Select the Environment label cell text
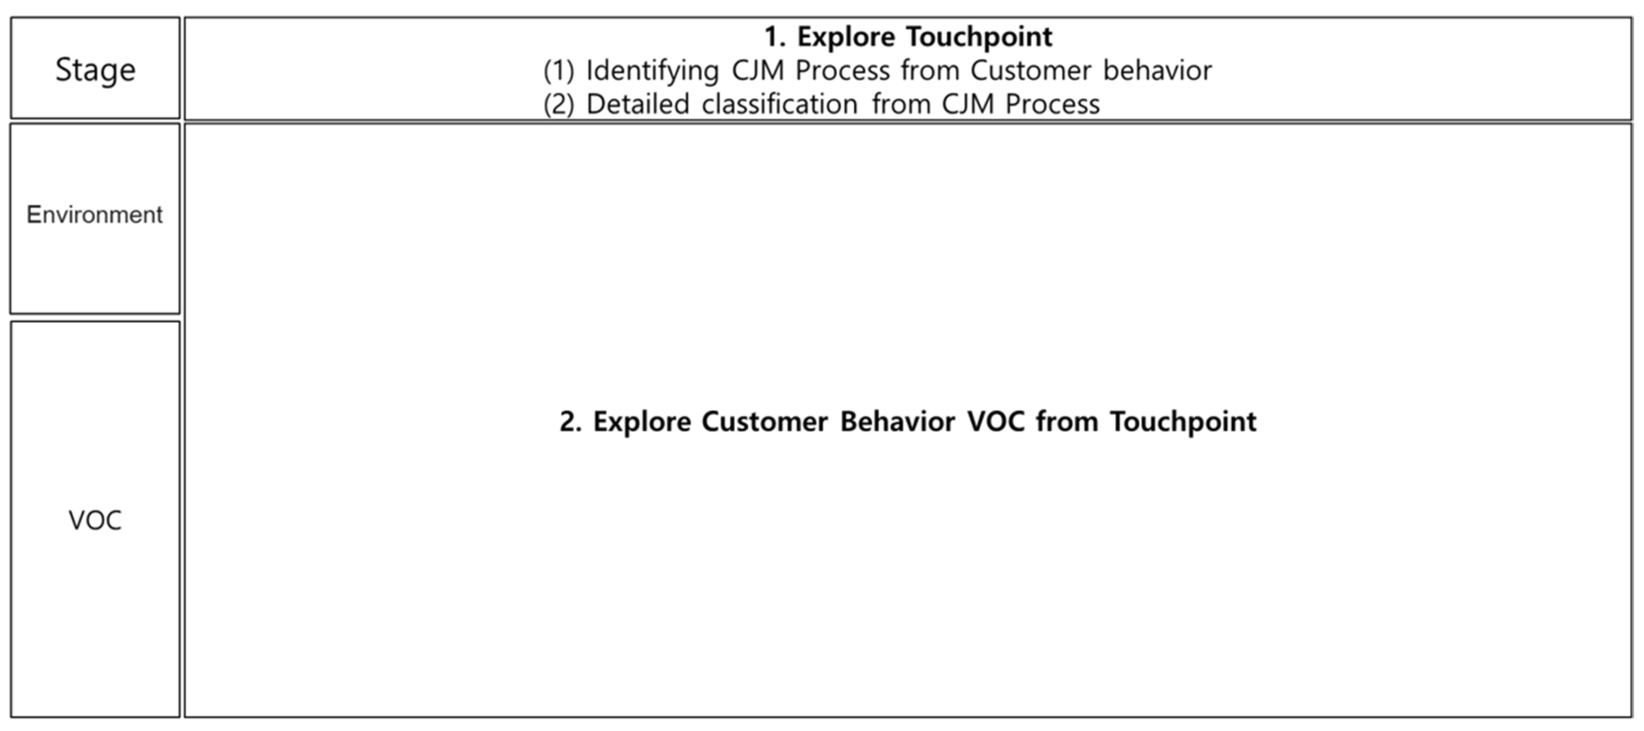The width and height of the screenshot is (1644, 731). coord(94,215)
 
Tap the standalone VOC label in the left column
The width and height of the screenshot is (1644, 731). coord(95,521)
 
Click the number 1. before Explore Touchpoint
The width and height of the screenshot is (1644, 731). coord(775,37)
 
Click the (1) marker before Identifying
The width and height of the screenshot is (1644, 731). coord(559,71)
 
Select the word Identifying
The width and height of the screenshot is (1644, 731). coord(652,71)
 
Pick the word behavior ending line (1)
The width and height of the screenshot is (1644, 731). coord(1157,71)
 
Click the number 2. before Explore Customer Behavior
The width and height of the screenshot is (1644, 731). coord(571,422)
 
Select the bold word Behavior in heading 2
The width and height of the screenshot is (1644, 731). coord(897,422)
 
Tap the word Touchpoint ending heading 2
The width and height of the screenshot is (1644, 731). coord(1183,422)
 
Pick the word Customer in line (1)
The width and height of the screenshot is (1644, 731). coord(1031,71)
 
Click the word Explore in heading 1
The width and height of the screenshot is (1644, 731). coord(846,37)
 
